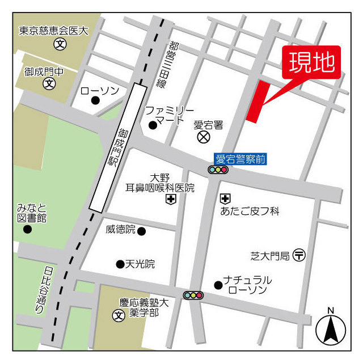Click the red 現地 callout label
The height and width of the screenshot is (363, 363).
pos(311,62)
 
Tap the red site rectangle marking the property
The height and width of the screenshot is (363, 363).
pos(258,101)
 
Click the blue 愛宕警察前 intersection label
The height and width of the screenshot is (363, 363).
pos(240,159)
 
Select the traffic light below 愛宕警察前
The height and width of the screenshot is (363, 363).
pos(218,170)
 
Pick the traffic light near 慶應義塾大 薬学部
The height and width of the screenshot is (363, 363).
pos(193,295)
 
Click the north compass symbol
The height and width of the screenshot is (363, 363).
pos(331,328)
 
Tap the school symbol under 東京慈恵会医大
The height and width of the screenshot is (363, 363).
pos(59,44)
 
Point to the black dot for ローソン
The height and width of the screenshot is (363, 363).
pos(95,100)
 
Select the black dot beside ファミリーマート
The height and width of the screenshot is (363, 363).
pos(152,125)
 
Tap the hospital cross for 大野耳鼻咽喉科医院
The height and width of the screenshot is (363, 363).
pos(170,199)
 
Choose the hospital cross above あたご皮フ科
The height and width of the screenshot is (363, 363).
pos(225,199)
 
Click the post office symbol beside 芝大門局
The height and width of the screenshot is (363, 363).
pos(299,256)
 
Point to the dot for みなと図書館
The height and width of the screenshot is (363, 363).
pos(27,229)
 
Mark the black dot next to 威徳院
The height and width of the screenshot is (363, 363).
pos(141,231)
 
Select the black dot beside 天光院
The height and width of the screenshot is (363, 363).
pos(120,264)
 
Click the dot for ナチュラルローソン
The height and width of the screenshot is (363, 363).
pos(217,285)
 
